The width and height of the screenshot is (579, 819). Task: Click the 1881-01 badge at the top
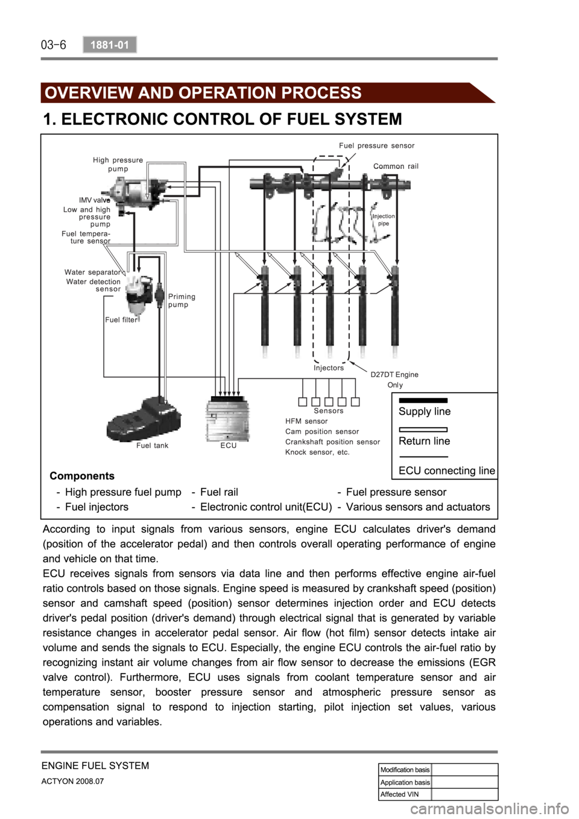[x=110, y=45]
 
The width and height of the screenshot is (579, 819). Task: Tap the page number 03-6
[x=54, y=45]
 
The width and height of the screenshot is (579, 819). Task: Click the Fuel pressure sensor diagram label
[x=376, y=145]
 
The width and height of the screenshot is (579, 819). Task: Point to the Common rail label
[x=396, y=166]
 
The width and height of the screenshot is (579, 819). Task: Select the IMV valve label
[x=94, y=200]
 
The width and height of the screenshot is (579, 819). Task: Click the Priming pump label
[x=182, y=300]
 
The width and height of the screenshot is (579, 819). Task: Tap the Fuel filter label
[x=121, y=320]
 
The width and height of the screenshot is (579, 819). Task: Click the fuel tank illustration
[x=143, y=419]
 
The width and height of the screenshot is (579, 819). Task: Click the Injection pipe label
[x=384, y=220]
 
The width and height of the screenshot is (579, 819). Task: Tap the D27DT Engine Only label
[x=394, y=379]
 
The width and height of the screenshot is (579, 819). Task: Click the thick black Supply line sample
[x=423, y=400]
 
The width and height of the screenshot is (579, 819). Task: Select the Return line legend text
[x=424, y=441]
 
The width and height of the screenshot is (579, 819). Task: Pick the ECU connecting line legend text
[x=447, y=470]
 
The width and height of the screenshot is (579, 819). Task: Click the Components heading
[x=82, y=476]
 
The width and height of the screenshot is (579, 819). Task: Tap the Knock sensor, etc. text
[x=317, y=452]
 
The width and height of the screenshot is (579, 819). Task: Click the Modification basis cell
[x=405, y=770]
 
